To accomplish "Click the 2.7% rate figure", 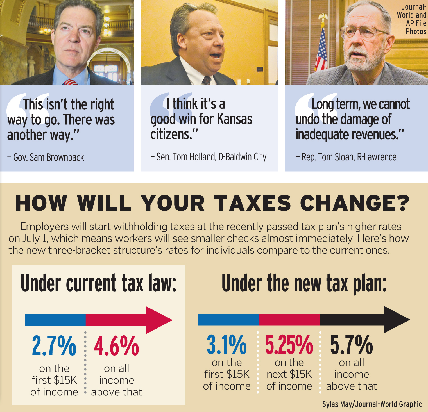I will (54, 346).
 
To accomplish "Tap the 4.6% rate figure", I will (116, 346).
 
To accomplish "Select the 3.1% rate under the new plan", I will (227, 345).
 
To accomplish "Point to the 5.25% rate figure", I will (289, 345).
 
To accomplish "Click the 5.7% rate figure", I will (351, 345).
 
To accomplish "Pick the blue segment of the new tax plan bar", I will (228, 320).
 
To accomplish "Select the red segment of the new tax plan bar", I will (289, 320).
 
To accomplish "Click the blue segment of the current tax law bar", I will (55, 320).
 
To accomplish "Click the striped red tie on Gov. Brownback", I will (70, 82).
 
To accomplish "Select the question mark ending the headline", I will (401, 203).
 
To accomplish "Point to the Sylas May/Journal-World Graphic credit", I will (372, 404).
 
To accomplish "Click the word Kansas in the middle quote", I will (235, 119).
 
